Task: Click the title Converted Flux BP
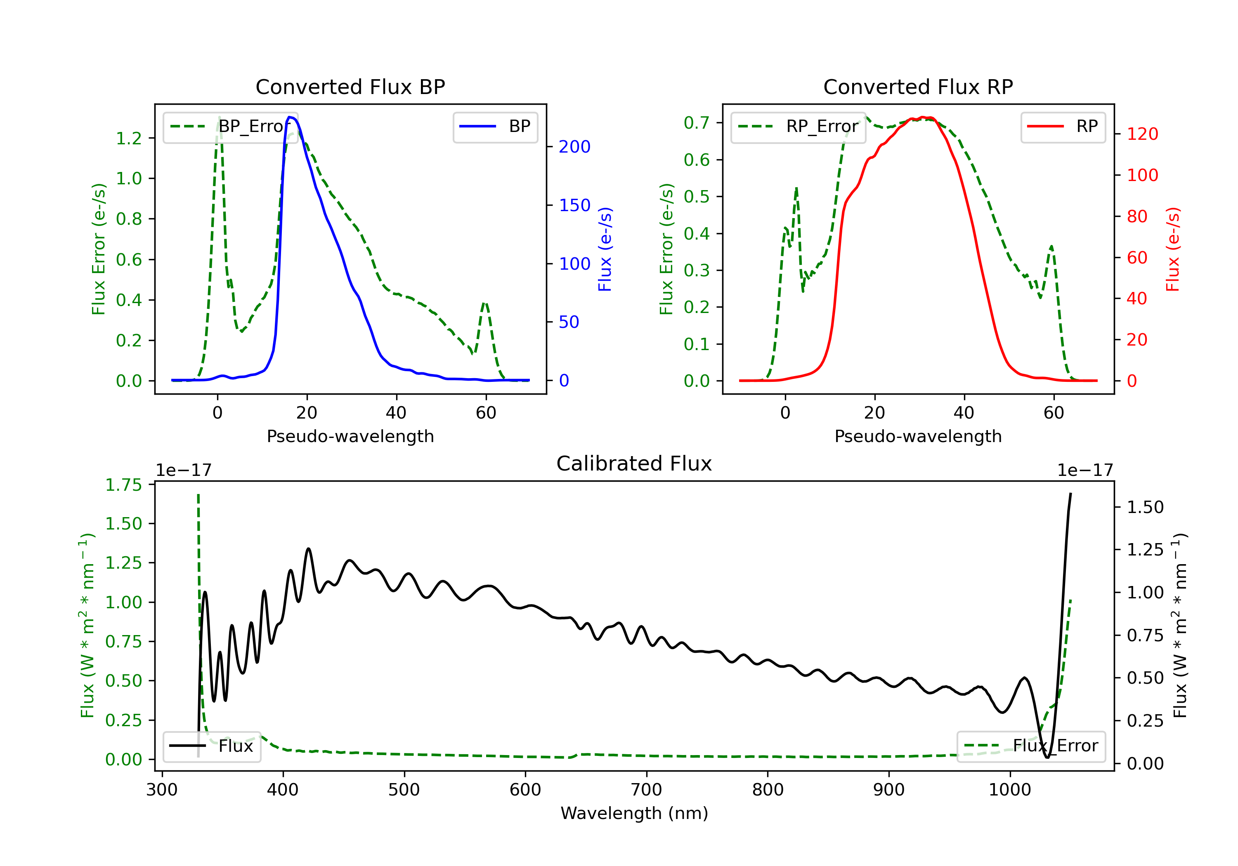350,87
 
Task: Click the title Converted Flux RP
918,87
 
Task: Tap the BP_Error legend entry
231,127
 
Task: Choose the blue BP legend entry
495,127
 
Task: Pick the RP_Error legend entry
798,127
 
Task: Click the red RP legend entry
1062,127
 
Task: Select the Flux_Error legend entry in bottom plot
1031,746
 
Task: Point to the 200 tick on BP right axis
574,146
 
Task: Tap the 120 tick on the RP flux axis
1142,134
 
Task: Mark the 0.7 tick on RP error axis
696,123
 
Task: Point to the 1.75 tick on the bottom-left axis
123,485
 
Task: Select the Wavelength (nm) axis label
634,813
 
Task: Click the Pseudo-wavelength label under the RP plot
918,436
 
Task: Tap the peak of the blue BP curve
290,117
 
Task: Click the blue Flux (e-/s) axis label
605,249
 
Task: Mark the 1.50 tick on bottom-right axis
1145,507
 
